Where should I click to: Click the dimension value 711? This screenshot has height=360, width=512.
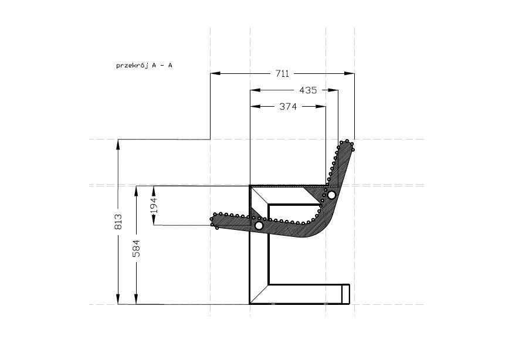point(282,74)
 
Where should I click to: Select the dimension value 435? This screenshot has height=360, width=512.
point(308,90)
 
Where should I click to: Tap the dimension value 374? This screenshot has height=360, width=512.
point(288,106)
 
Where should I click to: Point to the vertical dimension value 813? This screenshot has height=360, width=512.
point(118,221)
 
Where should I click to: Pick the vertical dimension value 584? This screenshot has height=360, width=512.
point(136,248)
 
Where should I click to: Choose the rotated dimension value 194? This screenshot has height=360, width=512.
point(154,205)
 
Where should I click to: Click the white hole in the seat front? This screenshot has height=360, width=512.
point(259,225)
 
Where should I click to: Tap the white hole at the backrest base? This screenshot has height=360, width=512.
point(331,195)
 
